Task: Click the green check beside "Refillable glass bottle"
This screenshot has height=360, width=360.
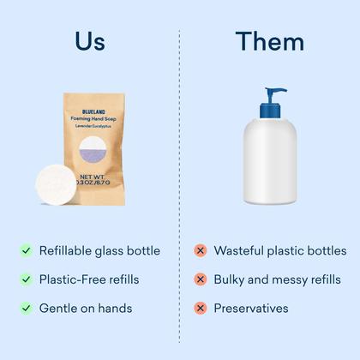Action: coord(26,251)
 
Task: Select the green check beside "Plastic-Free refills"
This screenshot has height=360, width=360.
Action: coord(26,279)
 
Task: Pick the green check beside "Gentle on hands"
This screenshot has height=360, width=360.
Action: coord(26,308)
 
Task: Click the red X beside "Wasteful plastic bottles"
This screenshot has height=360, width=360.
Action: coord(200,251)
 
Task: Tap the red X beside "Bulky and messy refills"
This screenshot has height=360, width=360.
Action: coord(200,279)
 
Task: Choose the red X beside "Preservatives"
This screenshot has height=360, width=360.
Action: coord(200,308)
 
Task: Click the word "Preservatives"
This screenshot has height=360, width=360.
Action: coord(251,308)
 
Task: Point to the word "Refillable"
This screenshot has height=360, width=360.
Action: coord(69,251)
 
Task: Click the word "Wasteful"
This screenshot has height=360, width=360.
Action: coord(240,251)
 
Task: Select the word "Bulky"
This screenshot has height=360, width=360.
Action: coord(231,279)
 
